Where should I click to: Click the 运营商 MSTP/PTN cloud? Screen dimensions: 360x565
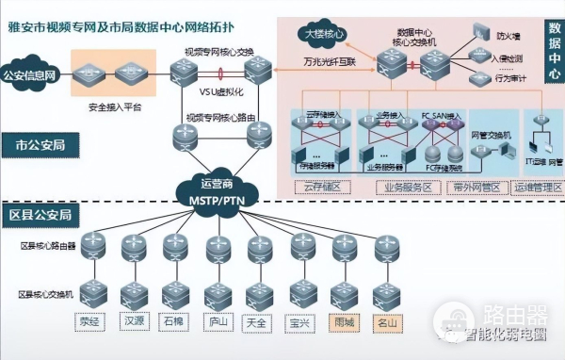[217, 189]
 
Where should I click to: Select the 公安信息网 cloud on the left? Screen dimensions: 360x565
[31, 74]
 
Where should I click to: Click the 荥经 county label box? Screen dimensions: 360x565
[89, 321]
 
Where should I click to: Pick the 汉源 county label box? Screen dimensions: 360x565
[132, 321]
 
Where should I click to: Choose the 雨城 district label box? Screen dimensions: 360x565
[344, 321]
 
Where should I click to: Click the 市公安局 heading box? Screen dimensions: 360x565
[40, 146]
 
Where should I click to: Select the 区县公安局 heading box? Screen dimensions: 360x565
[40, 215]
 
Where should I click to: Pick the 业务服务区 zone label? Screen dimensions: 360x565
[406, 187]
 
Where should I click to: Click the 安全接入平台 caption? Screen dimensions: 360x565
[114, 106]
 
